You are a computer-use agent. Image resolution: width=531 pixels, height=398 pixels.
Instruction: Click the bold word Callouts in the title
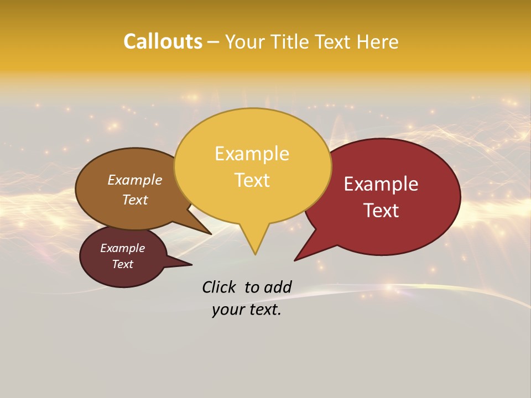pos(163,41)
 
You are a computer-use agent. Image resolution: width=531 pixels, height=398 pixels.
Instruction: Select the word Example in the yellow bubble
pos(252,154)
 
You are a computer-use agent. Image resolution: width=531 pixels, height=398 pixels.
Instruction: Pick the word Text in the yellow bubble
pos(252,180)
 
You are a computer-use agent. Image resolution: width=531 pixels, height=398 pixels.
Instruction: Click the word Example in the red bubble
pos(381,184)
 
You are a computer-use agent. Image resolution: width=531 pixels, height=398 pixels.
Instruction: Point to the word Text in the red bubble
pos(382,211)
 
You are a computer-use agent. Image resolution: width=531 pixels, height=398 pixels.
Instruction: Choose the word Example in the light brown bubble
pos(135,180)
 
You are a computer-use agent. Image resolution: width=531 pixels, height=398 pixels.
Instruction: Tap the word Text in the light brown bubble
pos(135,200)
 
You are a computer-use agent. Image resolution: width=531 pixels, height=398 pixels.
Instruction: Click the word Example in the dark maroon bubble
pos(123,248)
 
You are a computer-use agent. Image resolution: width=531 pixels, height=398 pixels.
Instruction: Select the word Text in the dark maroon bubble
pos(123,264)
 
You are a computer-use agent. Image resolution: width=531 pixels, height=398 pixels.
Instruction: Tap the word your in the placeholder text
pos(227,310)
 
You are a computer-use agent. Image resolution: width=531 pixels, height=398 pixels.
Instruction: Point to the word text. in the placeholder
pos(262,310)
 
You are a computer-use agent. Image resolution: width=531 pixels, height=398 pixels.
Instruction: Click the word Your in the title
pos(246,41)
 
